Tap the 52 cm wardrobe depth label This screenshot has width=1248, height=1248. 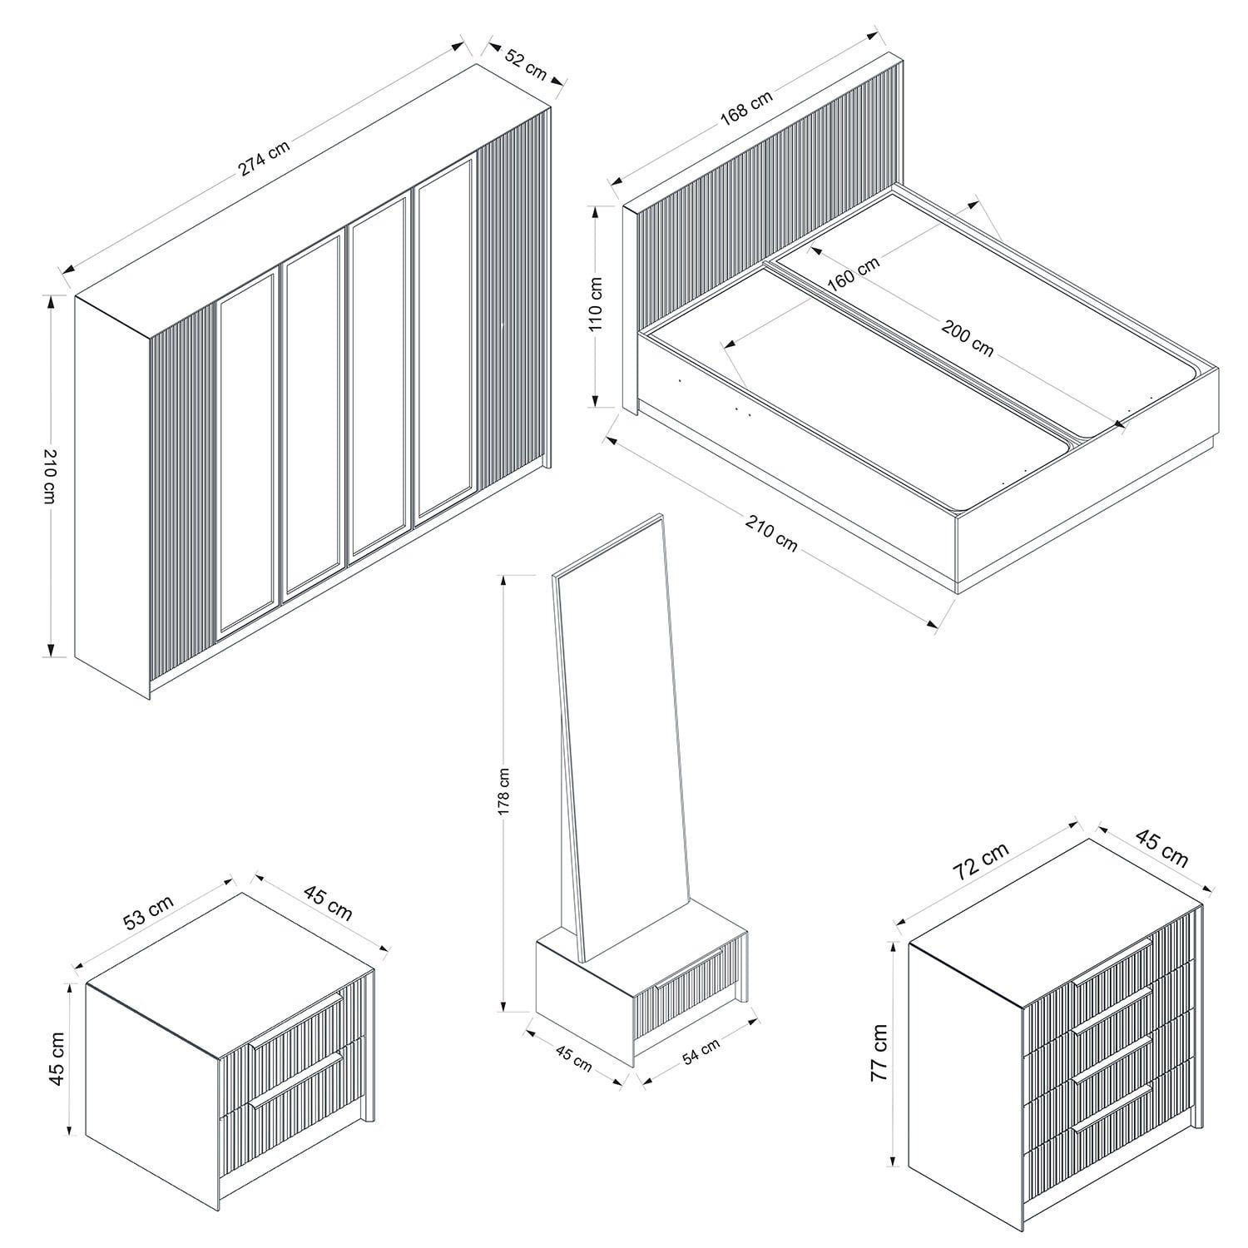pyautogui.click(x=527, y=66)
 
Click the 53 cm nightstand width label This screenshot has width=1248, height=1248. pyautogui.click(x=148, y=913)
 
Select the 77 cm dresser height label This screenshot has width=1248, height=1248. pyautogui.click(x=879, y=1052)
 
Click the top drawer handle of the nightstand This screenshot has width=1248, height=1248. pyautogui.click(x=296, y=1019)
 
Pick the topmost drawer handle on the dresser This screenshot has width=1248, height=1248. pyautogui.click(x=1112, y=963)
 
